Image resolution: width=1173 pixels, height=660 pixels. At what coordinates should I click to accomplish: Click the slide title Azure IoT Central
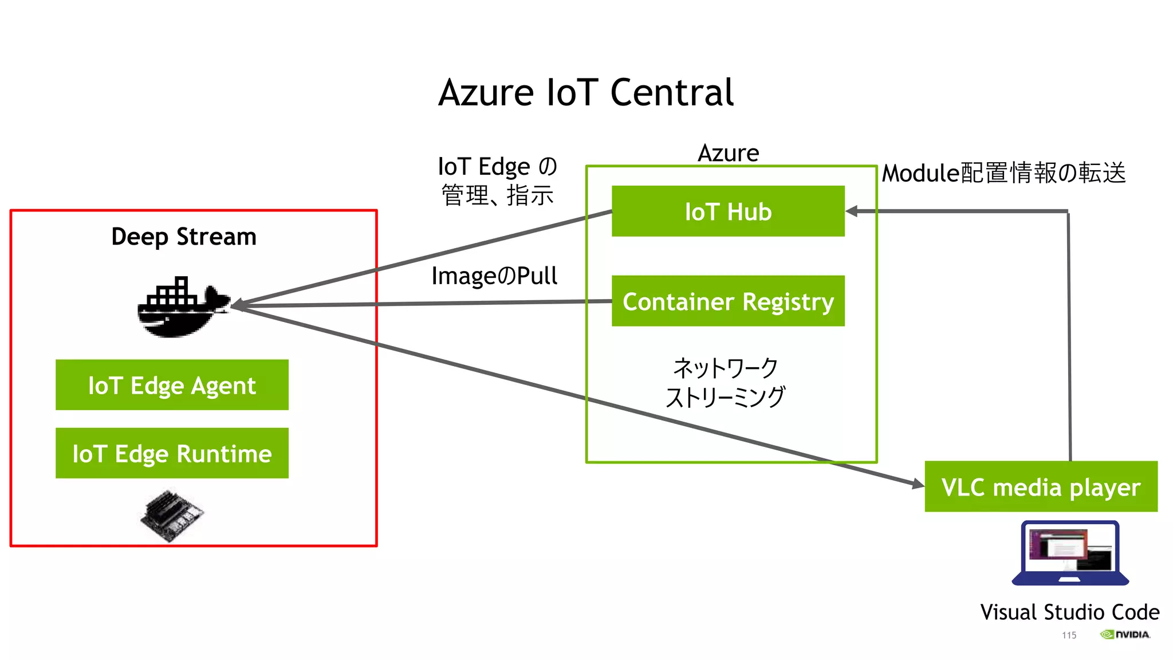pos(585,93)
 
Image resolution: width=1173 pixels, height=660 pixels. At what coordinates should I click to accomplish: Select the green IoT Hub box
pos(727,211)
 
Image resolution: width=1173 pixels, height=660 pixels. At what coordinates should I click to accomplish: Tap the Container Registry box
pos(727,301)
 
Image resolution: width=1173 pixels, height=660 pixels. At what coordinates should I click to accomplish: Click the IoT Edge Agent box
pos(172,385)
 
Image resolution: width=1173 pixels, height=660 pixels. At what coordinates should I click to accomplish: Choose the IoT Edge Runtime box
pos(172,453)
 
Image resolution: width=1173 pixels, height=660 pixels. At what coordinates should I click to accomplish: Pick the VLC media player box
pos(1041,487)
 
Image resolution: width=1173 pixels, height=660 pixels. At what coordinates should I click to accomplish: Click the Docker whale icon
pos(182,308)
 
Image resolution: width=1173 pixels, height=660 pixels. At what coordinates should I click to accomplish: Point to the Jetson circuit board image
pos(171,514)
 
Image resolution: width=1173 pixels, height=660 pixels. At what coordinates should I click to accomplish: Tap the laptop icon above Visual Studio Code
pos(1070,553)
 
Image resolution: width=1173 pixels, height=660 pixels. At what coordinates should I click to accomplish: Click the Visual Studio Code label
pos(1069,612)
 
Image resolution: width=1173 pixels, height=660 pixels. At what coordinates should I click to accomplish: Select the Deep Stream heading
pos(183,237)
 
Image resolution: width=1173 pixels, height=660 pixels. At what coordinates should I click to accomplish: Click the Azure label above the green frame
pos(728,153)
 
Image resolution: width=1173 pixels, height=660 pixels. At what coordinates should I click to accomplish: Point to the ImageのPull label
pos(494,276)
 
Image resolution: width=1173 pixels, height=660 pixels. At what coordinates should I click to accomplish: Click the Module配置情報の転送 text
pos(1003,173)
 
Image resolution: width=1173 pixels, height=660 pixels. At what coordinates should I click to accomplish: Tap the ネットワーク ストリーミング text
pos(725,382)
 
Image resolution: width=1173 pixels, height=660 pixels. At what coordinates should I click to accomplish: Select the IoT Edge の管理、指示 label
pos(497,180)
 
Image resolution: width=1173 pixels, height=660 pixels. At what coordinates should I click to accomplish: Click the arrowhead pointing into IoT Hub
pos(852,211)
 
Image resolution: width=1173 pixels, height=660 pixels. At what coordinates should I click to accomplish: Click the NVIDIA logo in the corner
pos(1124,634)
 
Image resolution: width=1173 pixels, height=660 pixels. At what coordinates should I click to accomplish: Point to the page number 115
pos(1069,635)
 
